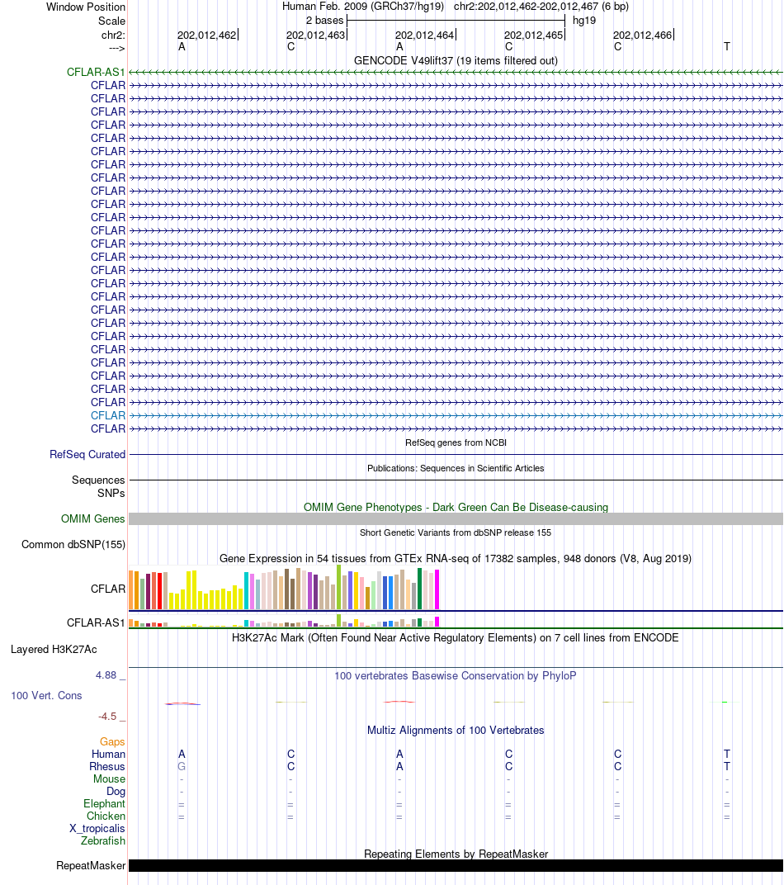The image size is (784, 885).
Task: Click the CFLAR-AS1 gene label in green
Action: (96, 73)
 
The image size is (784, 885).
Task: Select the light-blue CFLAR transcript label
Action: (108, 416)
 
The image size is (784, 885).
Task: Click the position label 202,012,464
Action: (424, 35)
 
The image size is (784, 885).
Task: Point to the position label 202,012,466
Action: (642, 35)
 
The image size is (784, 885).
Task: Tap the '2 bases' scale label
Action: (324, 21)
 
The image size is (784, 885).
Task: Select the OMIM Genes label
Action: (93, 519)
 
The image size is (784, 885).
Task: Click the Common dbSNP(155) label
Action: (73, 545)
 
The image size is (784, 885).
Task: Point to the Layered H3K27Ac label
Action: (54, 650)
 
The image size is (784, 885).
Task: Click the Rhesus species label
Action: (107, 767)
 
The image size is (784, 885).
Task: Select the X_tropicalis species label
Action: (97, 829)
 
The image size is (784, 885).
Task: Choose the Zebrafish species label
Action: (103, 841)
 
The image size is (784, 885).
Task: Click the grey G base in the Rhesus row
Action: (182, 767)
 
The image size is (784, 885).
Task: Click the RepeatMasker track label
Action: (91, 866)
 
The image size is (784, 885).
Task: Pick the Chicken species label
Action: (106, 816)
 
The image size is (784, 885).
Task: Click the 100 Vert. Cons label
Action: (46, 696)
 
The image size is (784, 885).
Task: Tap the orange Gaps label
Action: (112, 742)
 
